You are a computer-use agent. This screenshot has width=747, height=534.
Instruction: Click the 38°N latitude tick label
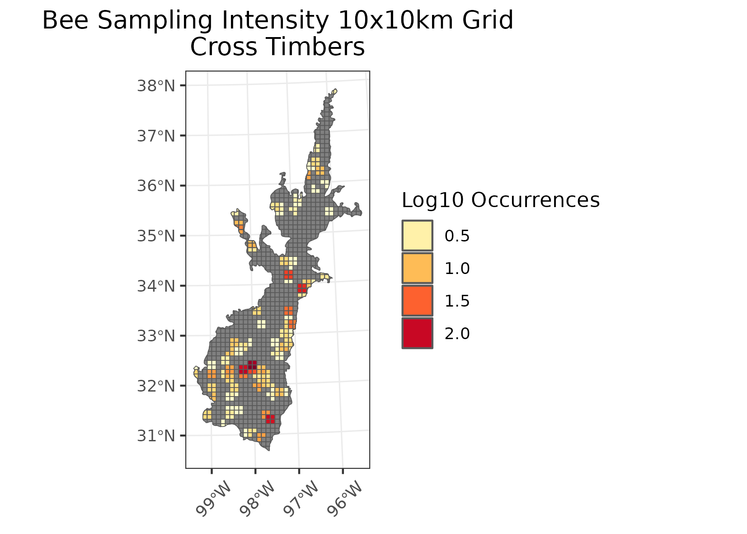155,85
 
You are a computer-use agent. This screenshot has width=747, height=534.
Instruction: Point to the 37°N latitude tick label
155,136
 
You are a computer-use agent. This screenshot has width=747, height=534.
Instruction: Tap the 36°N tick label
155,186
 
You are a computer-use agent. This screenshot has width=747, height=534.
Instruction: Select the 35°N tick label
155,236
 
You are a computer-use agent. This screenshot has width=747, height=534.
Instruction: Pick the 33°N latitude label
155,336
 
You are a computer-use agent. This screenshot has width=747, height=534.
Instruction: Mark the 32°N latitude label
155,386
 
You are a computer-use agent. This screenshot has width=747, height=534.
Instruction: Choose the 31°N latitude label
155,436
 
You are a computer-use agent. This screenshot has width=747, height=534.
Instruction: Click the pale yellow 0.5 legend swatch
417,236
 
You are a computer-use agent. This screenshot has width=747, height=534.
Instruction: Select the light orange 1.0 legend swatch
417,268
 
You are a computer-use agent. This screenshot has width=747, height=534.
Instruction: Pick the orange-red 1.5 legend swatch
417,301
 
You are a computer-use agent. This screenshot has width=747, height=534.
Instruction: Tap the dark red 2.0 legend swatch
417,333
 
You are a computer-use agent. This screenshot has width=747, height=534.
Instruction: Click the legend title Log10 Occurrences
500,200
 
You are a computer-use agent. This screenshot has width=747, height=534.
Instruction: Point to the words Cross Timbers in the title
277,47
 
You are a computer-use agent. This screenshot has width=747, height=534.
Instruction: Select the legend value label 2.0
457,334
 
